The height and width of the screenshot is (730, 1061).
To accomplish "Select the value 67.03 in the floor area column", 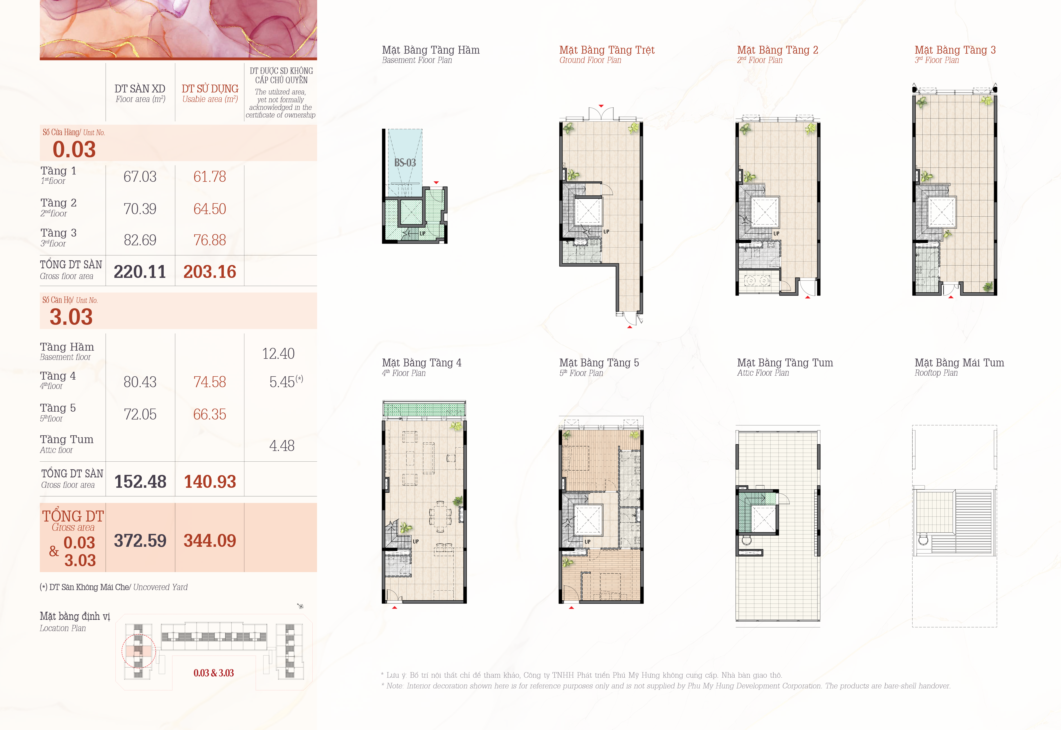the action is [140, 177].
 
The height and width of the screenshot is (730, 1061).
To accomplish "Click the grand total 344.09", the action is [210, 541].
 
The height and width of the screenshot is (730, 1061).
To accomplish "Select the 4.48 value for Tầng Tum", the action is [282, 445].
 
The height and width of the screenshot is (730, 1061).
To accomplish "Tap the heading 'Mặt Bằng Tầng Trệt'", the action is [607, 50].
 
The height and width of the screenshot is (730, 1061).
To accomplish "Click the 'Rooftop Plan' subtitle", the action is [936, 373].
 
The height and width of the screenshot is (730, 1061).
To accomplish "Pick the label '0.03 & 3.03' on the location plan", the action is [214, 673].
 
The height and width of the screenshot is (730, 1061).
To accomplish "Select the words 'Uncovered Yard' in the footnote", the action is [161, 587].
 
